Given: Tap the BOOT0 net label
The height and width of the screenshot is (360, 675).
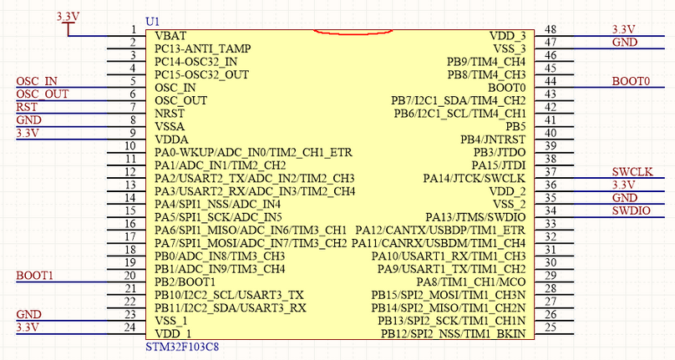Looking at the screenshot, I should pyautogui.click(x=631, y=81).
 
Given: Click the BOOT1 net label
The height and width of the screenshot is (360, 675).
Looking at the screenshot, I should pyautogui.click(x=34, y=275).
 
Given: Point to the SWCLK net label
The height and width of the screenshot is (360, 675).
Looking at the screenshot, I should pyautogui.click(x=632, y=172).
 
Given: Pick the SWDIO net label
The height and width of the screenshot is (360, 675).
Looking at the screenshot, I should pyautogui.click(x=632, y=210).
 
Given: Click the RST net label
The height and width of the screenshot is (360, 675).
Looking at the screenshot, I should pyautogui.click(x=27, y=107).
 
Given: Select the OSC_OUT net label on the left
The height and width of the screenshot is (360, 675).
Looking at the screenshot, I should pyautogui.click(x=42, y=94).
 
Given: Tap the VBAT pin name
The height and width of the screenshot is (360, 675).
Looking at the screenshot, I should pyautogui.click(x=172, y=36).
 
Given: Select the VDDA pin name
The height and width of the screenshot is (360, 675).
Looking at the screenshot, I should pyautogui.click(x=172, y=139).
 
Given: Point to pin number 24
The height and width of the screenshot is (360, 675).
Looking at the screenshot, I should pyautogui.click(x=129, y=327).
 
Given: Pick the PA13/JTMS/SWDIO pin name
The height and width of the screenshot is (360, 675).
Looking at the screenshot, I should pyautogui.click(x=475, y=217).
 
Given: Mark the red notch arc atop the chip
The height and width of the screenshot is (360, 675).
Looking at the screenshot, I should pyautogui.click(x=342, y=33).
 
